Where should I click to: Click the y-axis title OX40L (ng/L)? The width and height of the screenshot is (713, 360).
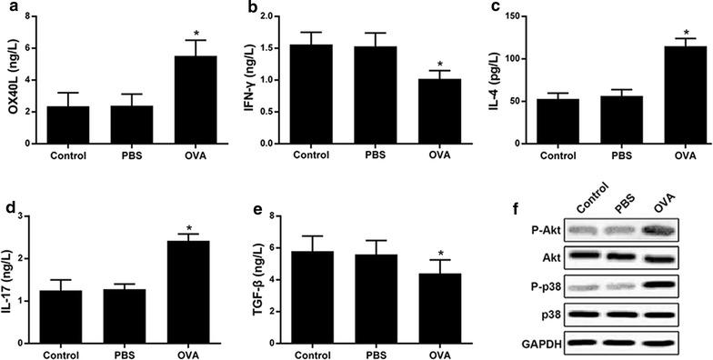pyautogui.click(x=10, y=80)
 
